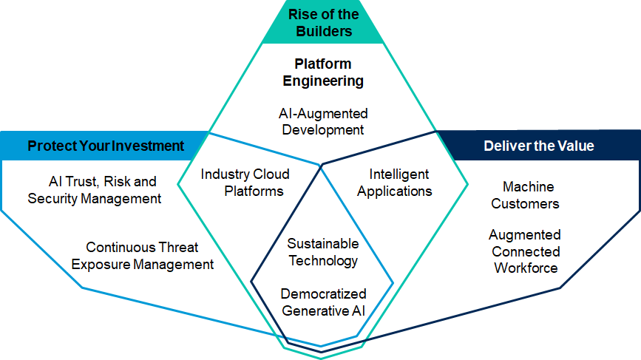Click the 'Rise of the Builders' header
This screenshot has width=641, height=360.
click(324, 22)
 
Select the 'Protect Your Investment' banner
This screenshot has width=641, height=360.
click(106, 146)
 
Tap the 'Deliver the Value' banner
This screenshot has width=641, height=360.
click(538, 146)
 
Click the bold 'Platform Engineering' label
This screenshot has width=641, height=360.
click(324, 72)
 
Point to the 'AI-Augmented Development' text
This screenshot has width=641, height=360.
click(323, 122)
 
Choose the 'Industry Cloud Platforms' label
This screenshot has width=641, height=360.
click(245, 183)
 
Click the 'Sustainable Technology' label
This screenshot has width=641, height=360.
click(323, 252)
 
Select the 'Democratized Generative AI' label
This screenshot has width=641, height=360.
click(323, 302)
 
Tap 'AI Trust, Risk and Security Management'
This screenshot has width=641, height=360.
click(95, 189)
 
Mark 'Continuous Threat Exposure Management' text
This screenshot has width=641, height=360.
click(150, 256)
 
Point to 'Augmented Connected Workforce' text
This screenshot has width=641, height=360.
click(526, 251)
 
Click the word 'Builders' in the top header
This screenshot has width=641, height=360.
click(324, 31)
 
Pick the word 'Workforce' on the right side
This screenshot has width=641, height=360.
click(526, 268)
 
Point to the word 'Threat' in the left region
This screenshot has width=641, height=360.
click(180, 248)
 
